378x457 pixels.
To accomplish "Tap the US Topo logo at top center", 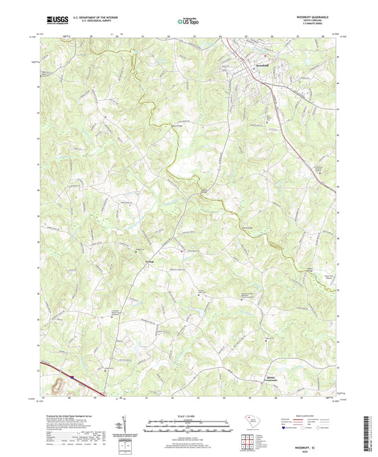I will [x=188, y=21].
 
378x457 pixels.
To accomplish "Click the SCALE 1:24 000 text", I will [x=189, y=415].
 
